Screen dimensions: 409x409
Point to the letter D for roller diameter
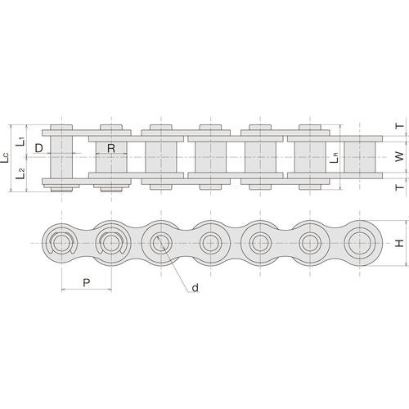click(39, 149)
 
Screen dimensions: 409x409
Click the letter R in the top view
click(110, 149)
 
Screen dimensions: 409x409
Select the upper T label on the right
click(398, 127)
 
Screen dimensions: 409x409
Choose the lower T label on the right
click(398, 187)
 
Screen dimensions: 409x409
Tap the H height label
click(398, 243)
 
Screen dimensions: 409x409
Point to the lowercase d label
click(195, 288)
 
